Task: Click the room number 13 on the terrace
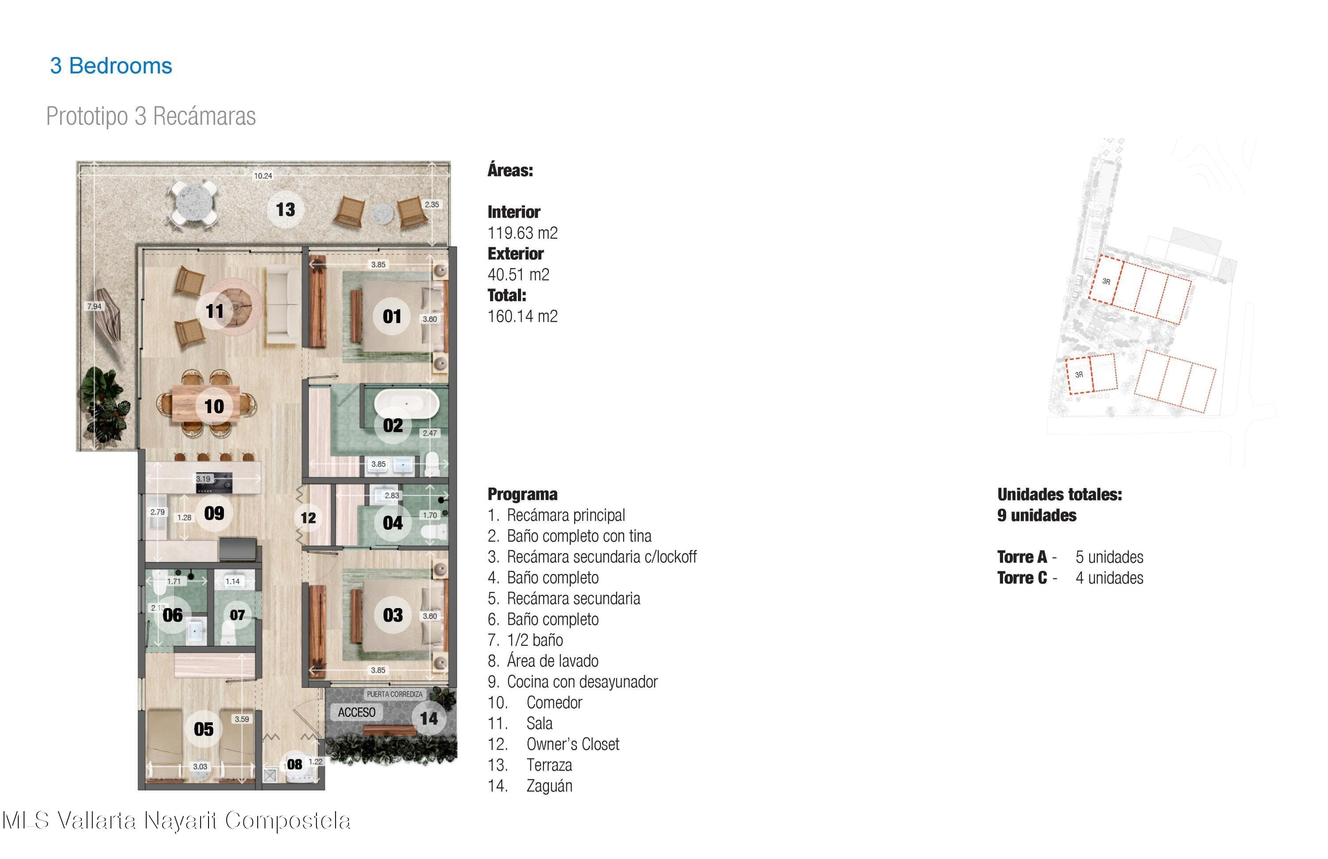[285, 210]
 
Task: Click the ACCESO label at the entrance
[356, 713]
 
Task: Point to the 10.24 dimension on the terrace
[263, 176]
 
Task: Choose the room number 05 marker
[204, 729]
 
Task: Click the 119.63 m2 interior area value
[522, 233]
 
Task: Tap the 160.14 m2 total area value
[522, 317]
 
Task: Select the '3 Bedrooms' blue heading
[111, 66]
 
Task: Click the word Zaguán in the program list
[550, 786]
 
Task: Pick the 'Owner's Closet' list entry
[573, 744]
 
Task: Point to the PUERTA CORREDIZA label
[394, 694]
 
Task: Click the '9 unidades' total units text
[1037, 516]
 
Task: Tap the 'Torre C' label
[1022, 578]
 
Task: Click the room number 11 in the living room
[215, 311]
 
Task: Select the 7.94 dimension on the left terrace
[94, 306]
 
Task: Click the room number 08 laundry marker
[295, 765]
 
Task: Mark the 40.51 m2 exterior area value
[518, 275]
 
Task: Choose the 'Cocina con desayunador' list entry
[582, 682]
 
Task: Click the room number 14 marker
[429, 718]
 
